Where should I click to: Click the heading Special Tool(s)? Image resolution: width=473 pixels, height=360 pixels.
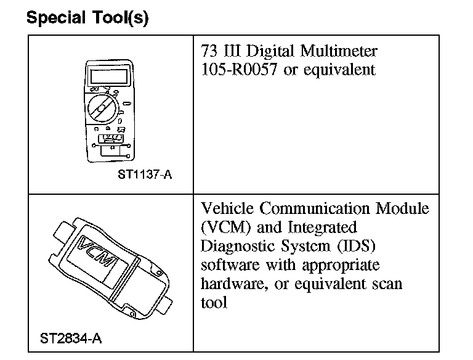[x=87, y=18]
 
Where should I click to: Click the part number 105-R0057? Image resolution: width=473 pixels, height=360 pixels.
[x=239, y=69]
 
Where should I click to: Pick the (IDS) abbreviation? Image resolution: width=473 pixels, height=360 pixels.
[x=356, y=246]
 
